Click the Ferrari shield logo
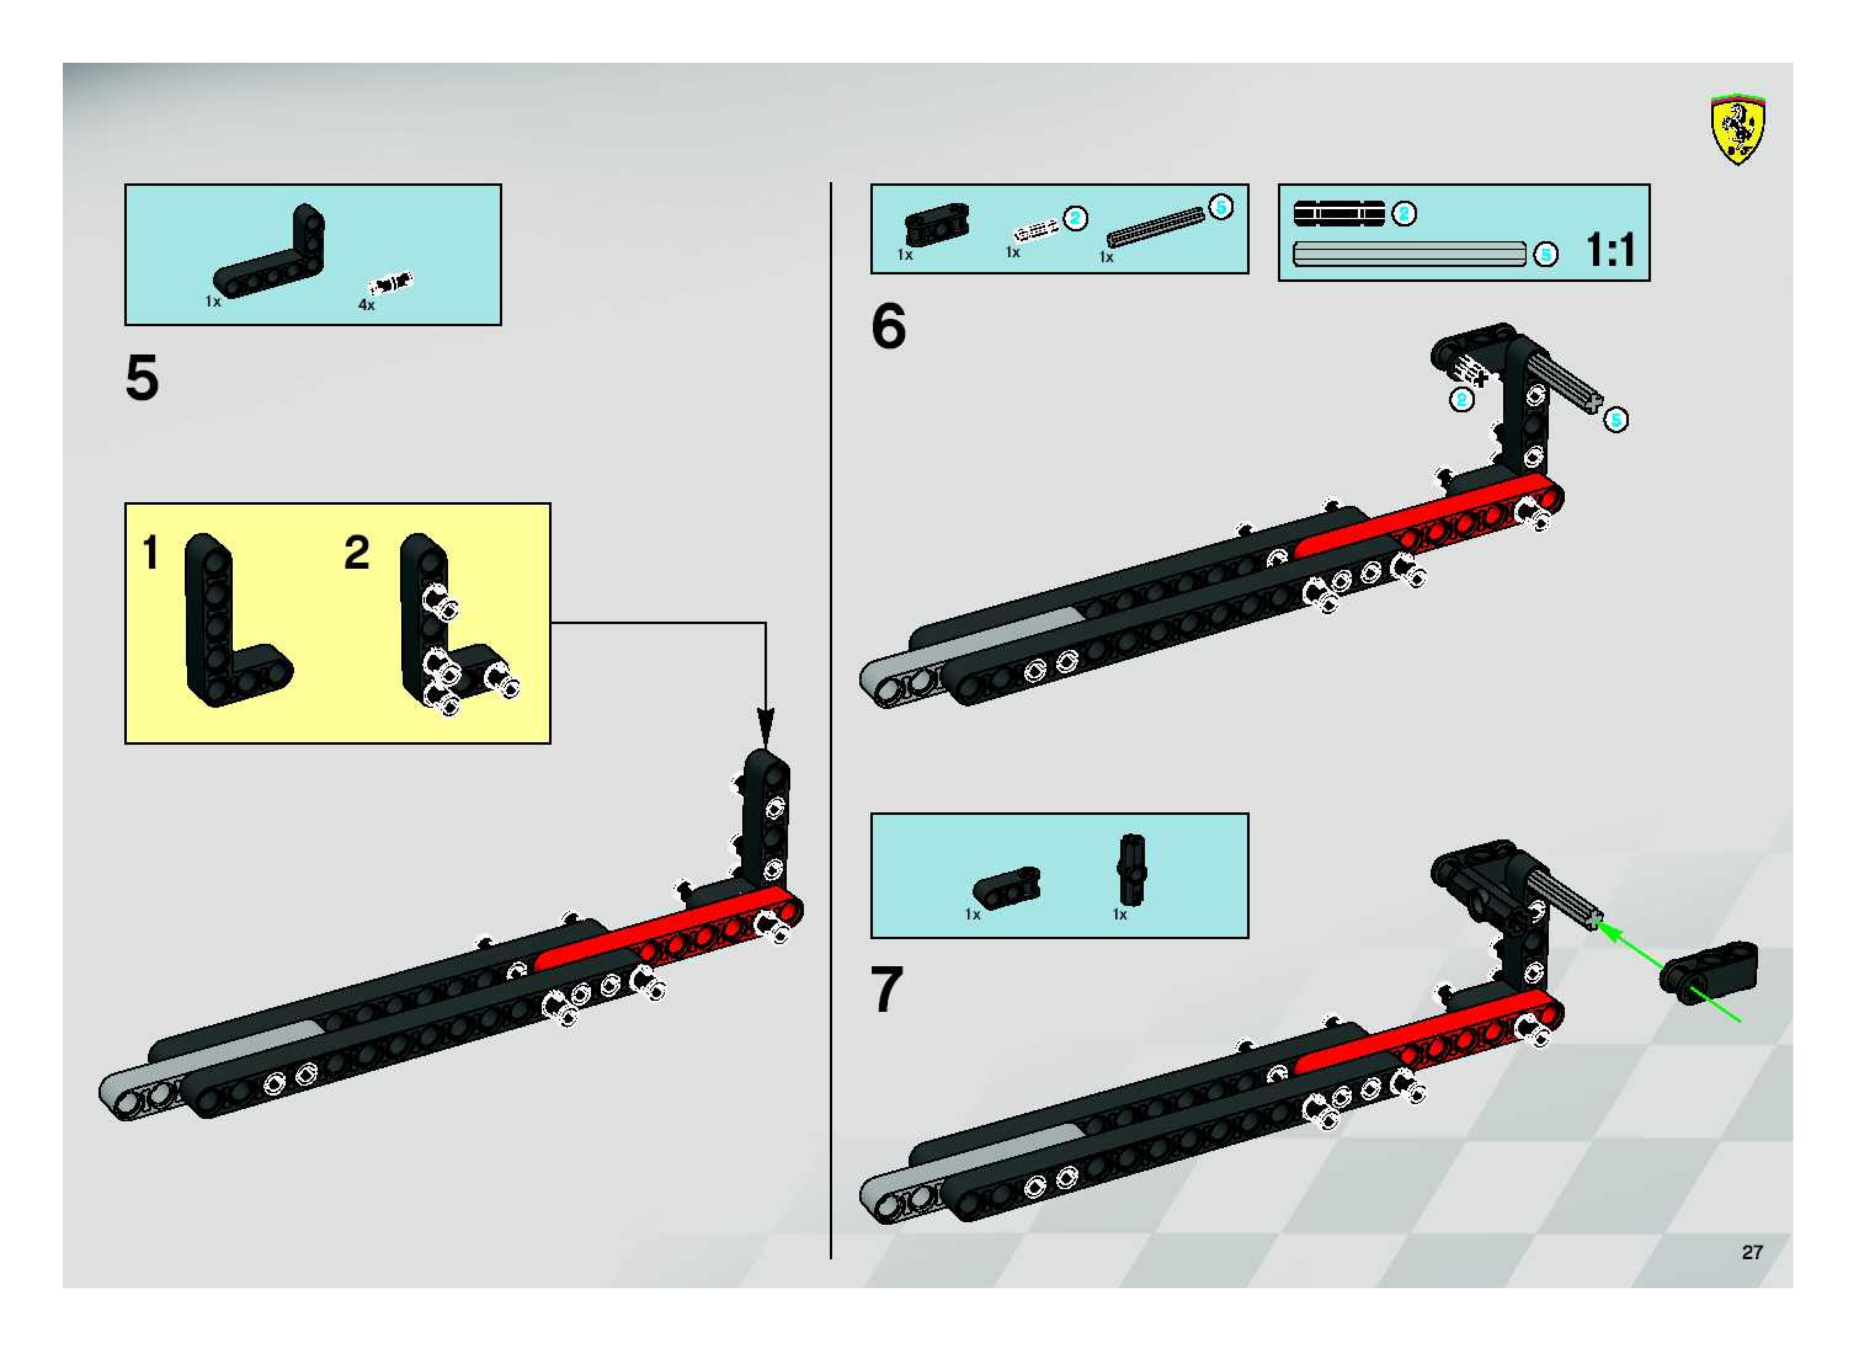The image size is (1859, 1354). click(x=1737, y=129)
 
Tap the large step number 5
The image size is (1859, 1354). click(x=142, y=379)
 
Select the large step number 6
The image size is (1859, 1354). click(x=888, y=326)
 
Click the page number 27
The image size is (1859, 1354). click(x=1752, y=1252)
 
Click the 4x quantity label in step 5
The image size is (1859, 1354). click(x=366, y=305)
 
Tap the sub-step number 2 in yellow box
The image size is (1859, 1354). click(x=356, y=553)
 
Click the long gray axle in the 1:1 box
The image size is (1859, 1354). click(x=1409, y=254)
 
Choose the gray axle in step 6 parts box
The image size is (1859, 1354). click(x=1156, y=227)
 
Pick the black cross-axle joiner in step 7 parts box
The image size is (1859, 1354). click(x=1131, y=870)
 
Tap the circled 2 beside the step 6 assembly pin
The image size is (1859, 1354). click(x=1461, y=400)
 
